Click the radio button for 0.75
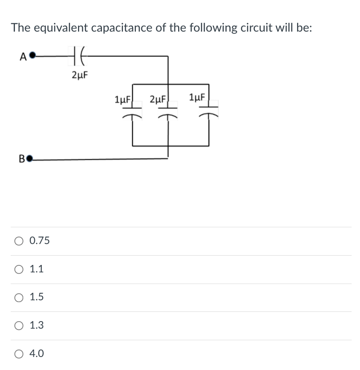click(19, 241)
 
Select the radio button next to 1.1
click(19, 269)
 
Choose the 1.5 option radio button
click(19, 297)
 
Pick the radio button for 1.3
click(19, 325)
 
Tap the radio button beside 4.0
click(19, 354)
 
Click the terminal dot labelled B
click(30, 160)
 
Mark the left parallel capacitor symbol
click(132, 113)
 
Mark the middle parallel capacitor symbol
click(168, 113)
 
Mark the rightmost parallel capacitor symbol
click(209, 113)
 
